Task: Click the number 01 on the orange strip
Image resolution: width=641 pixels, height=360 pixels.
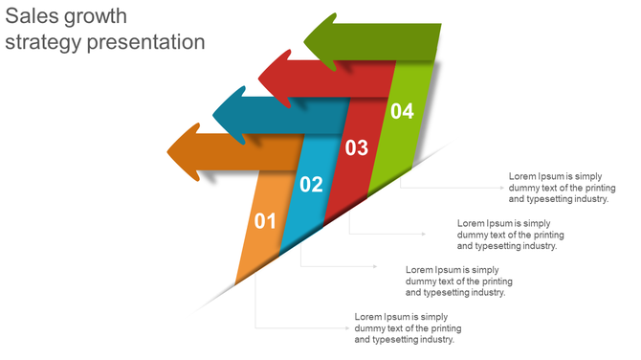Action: (265, 222)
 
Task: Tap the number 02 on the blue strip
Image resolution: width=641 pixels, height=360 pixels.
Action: (311, 185)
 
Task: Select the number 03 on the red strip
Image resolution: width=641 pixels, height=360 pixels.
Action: (356, 147)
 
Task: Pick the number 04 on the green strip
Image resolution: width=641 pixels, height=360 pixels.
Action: (402, 111)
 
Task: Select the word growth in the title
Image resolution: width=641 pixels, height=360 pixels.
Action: (98, 17)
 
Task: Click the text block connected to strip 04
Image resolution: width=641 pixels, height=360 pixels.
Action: (559, 188)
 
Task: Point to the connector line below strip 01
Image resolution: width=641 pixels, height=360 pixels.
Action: (287, 327)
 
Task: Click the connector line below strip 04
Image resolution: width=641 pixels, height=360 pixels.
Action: (450, 188)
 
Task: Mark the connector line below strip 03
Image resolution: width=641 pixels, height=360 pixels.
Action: (383, 234)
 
